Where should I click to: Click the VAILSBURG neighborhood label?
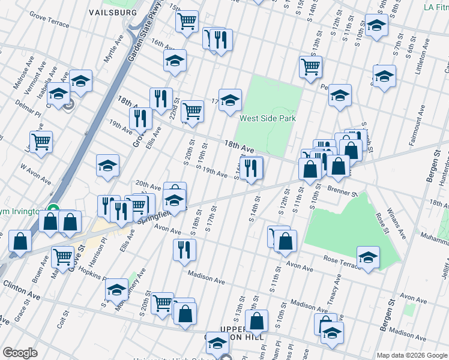(x=112, y=12)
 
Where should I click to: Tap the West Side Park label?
(x=268, y=118)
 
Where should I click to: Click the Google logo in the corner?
(x=20, y=353)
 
